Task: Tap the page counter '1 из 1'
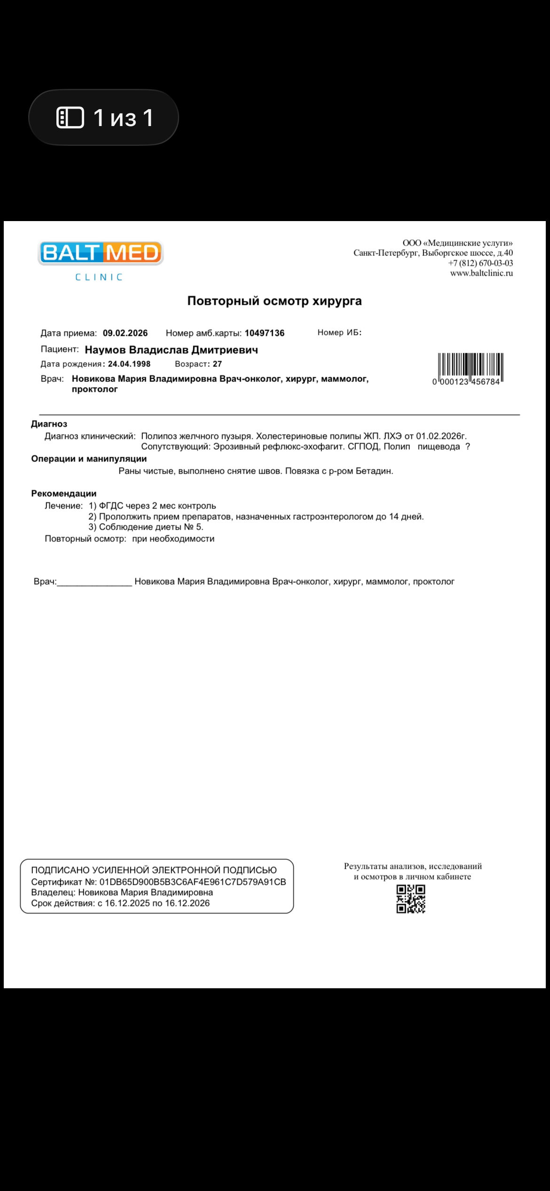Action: point(104,117)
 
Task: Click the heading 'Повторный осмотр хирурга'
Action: point(275,301)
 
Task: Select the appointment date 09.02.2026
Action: point(125,333)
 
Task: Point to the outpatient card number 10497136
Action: point(264,333)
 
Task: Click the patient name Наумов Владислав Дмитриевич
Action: point(171,350)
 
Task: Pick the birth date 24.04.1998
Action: point(129,364)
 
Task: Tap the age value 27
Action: point(217,364)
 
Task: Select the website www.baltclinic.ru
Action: point(481,273)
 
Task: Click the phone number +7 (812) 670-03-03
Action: point(480,263)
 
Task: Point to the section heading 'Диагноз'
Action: point(49,424)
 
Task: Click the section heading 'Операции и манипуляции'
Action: point(89,459)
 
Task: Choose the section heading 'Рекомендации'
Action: point(63,494)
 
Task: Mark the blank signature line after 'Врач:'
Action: point(94,582)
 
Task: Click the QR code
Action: point(411,899)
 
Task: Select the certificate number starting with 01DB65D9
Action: point(193,882)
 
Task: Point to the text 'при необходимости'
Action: point(173,539)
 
